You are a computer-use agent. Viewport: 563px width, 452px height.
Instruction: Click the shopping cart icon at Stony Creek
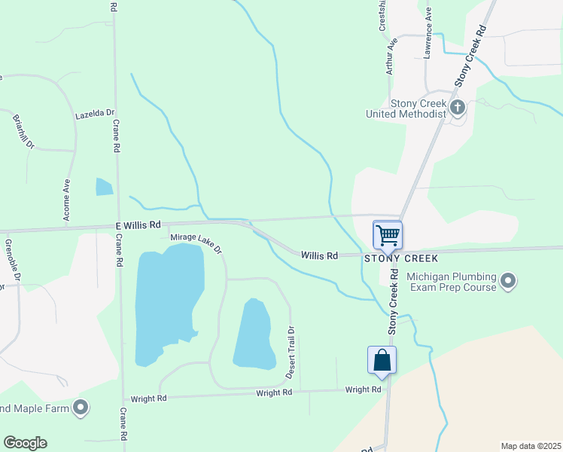(388, 234)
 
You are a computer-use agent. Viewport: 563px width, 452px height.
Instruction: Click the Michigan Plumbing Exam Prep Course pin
(509, 282)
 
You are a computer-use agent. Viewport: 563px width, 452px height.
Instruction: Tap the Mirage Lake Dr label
(196, 242)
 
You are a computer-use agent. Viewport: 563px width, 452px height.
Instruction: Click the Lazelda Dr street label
(94, 115)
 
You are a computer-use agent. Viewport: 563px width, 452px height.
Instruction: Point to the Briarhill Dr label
(23, 131)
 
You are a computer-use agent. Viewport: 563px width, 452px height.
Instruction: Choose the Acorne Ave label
(68, 200)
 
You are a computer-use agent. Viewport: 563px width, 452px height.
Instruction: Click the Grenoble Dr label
(11, 258)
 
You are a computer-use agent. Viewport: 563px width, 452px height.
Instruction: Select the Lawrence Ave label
(428, 33)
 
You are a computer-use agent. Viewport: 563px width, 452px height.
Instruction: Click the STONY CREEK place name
(401, 258)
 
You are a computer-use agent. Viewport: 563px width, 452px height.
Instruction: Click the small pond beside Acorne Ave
(104, 187)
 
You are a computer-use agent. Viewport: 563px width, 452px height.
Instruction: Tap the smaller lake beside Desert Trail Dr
(254, 334)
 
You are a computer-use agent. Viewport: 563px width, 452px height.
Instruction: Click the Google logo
(25, 443)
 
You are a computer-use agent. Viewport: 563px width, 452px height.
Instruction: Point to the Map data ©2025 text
(530, 446)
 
